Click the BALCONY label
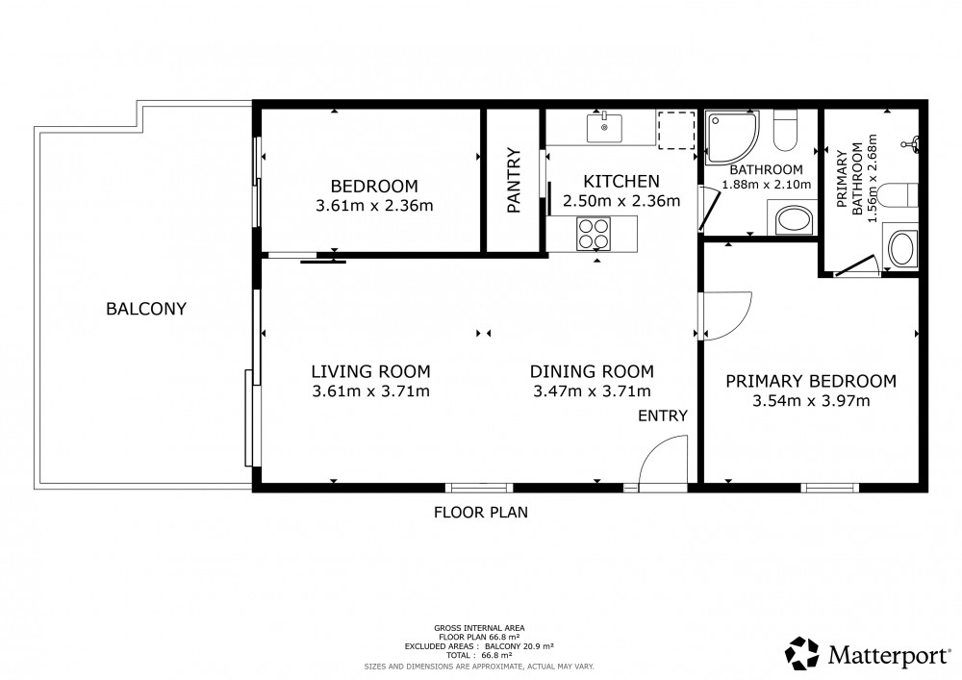[146, 309]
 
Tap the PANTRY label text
[514, 180]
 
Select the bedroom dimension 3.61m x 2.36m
[374, 206]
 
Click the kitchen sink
[604, 127]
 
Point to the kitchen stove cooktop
[593, 234]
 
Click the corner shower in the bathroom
[731, 137]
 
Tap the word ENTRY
[663, 416]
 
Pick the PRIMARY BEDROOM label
[811, 382]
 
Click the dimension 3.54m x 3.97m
[811, 401]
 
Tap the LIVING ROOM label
[370, 371]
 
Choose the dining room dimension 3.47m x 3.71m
[592, 391]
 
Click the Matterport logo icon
[802, 653]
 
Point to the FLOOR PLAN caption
[481, 512]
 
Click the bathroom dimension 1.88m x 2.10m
[767, 185]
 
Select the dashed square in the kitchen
[676, 130]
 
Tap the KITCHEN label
[621, 182]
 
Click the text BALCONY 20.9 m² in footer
[519, 646]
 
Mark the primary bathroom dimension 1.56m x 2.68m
[873, 178]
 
